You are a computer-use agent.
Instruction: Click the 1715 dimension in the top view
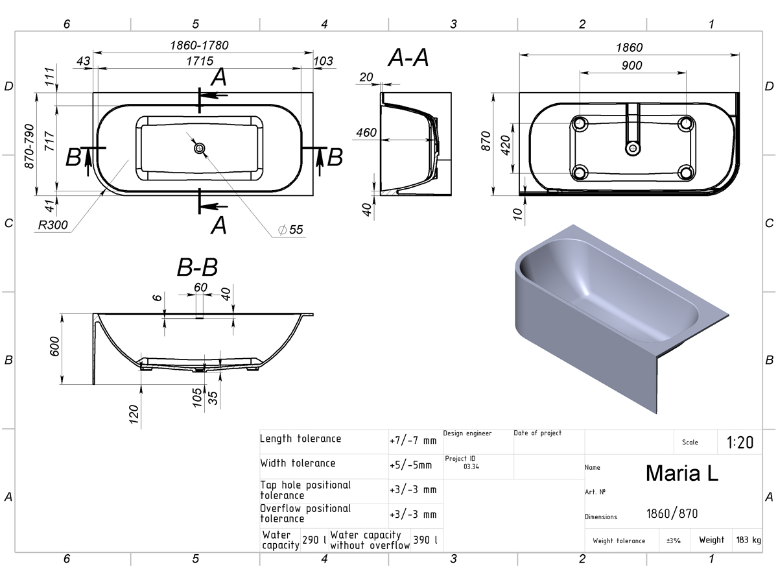pyautogui.click(x=200, y=61)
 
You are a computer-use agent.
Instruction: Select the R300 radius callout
pyautogui.click(x=53, y=225)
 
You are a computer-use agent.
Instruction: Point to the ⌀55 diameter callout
pyautogui.click(x=290, y=230)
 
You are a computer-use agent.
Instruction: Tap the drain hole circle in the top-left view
pyautogui.click(x=200, y=148)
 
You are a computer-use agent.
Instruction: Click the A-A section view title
pyautogui.click(x=408, y=58)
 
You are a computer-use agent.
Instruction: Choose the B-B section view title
pyautogui.click(x=197, y=267)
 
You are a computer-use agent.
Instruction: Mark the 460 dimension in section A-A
pyautogui.click(x=366, y=132)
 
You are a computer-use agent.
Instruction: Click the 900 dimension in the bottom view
pyautogui.click(x=631, y=66)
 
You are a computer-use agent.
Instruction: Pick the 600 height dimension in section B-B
pyautogui.click(x=54, y=347)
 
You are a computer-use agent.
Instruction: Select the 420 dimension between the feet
pyautogui.click(x=506, y=145)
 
